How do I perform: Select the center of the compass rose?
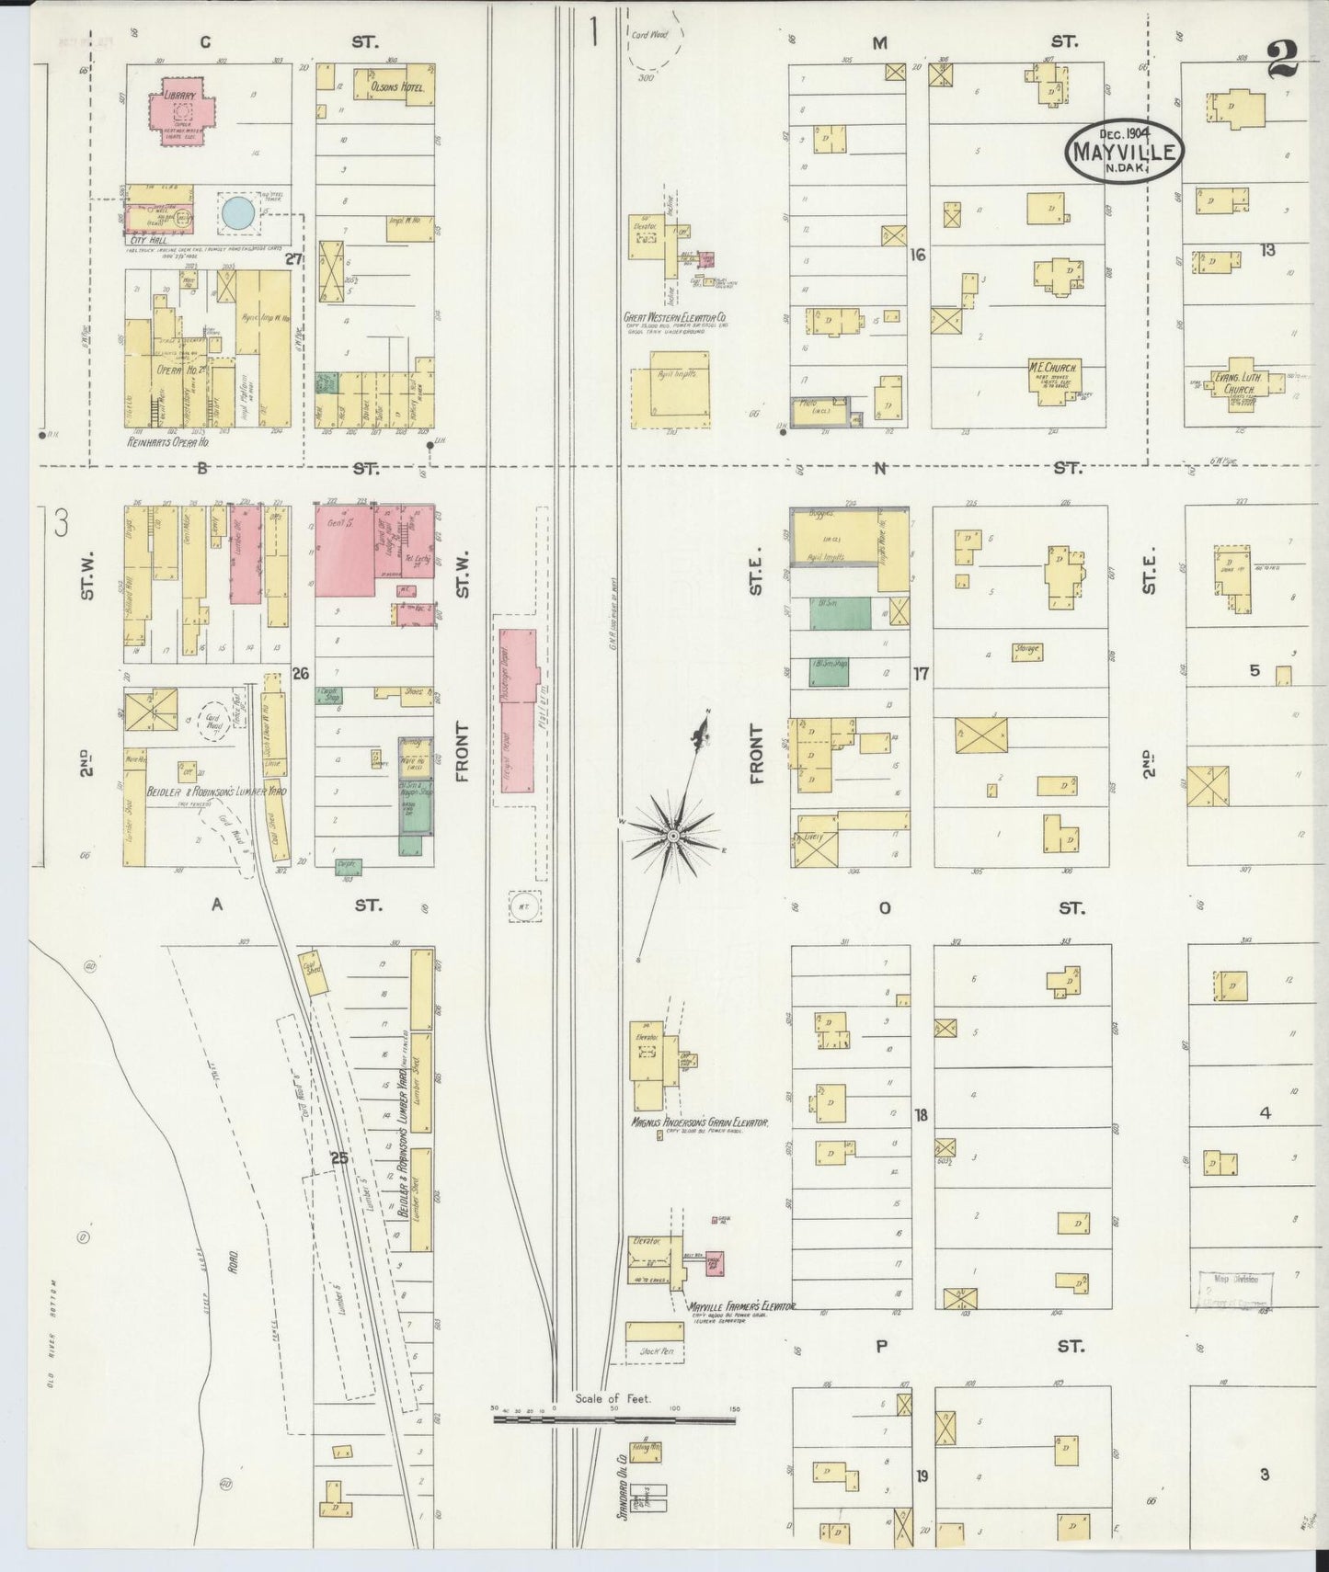(673, 835)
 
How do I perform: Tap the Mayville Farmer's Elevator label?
(740, 1305)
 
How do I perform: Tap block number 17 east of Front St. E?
(921, 674)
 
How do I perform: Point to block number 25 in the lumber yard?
(339, 1158)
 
